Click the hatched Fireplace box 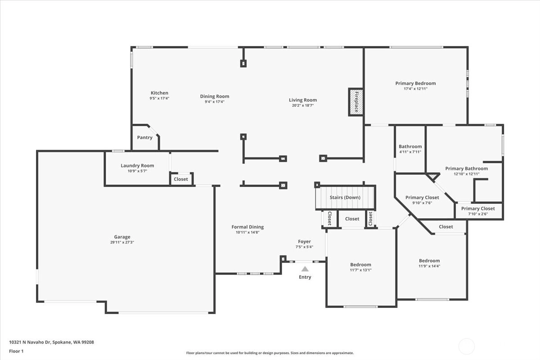point(356,102)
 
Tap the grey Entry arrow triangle point(305,269)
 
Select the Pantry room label point(144,137)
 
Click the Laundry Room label point(137,166)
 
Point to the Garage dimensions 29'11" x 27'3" point(122,243)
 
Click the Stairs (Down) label point(345,197)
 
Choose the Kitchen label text point(159,93)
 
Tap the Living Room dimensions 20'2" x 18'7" point(303,105)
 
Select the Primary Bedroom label point(416,83)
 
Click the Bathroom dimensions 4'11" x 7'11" point(410,152)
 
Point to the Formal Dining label point(247,227)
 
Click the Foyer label point(304,241)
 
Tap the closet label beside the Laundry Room point(181,179)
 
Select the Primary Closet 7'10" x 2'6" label point(478,208)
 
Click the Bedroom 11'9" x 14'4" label point(429,261)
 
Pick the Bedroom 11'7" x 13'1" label point(360,265)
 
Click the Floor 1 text point(16,351)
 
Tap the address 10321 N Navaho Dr point(30,342)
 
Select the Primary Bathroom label point(467,169)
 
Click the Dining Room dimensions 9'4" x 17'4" point(215,102)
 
